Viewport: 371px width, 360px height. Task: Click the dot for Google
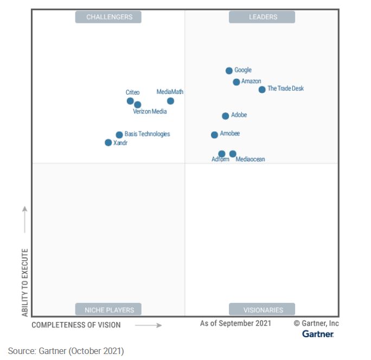(229, 71)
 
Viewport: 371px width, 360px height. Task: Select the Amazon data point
(236, 82)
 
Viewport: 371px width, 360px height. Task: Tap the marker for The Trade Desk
(262, 90)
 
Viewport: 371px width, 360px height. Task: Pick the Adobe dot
(226, 116)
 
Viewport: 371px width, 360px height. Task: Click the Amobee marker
(214, 135)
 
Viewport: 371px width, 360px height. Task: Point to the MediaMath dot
(170, 101)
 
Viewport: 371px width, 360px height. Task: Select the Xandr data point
(108, 143)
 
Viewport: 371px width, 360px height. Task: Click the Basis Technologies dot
(119, 135)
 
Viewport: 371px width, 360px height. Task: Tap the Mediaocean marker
(233, 154)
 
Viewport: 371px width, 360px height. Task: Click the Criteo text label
(132, 92)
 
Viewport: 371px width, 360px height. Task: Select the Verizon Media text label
(150, 112)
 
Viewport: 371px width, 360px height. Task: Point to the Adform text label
(220, 160)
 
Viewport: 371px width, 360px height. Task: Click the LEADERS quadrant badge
(262, 17)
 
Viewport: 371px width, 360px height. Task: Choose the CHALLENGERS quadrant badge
(108, 17)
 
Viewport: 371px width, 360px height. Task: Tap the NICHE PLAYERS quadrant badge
(108, 310)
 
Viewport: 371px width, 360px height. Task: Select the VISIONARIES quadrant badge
(262, 310)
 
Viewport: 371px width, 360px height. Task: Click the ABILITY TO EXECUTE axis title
(25, 282)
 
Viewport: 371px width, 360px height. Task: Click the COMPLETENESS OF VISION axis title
(76, 325)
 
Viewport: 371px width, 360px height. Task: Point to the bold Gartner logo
(318, 334)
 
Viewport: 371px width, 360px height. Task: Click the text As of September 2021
(235, 324)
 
